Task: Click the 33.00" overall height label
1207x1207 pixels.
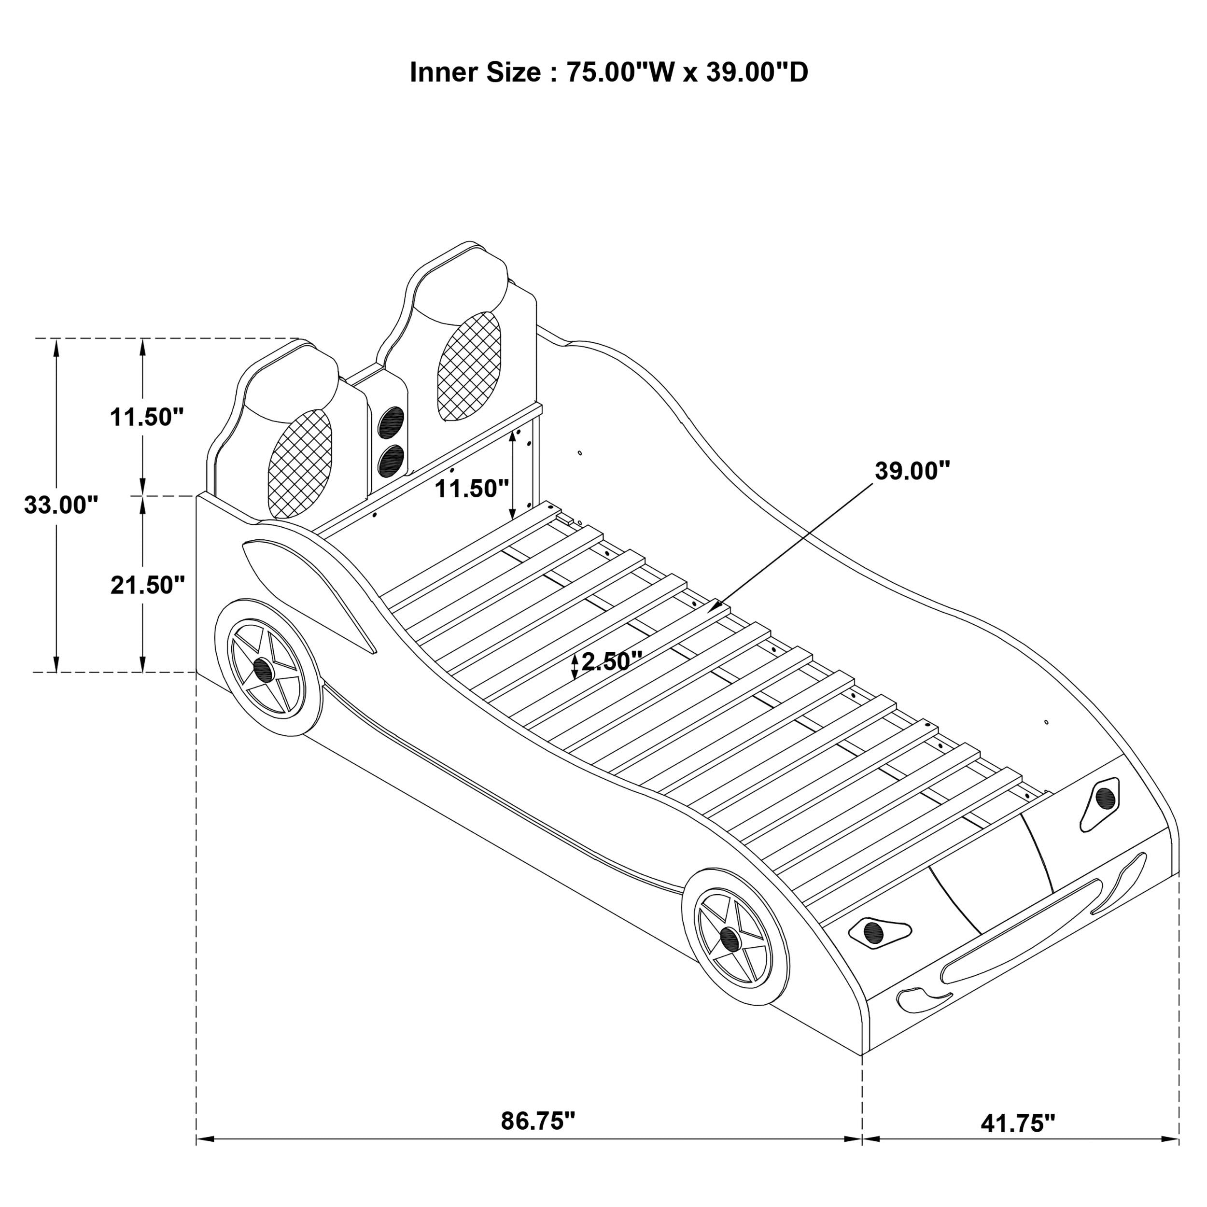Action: (61, 505)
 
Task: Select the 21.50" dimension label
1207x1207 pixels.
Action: (147, 585)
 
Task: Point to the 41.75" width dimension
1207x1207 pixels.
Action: (1018, 1141)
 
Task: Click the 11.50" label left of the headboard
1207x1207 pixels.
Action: (147, 417)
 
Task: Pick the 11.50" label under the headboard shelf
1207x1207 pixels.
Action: (472, 488)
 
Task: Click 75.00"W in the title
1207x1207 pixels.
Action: (620, 72)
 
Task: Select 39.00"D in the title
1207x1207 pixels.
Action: (757, 72)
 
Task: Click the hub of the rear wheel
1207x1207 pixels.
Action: (262, 670)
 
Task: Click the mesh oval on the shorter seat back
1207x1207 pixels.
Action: (300, 463)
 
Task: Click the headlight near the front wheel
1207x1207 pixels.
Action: (876, 932)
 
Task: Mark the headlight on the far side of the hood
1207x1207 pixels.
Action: (1103, 799)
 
